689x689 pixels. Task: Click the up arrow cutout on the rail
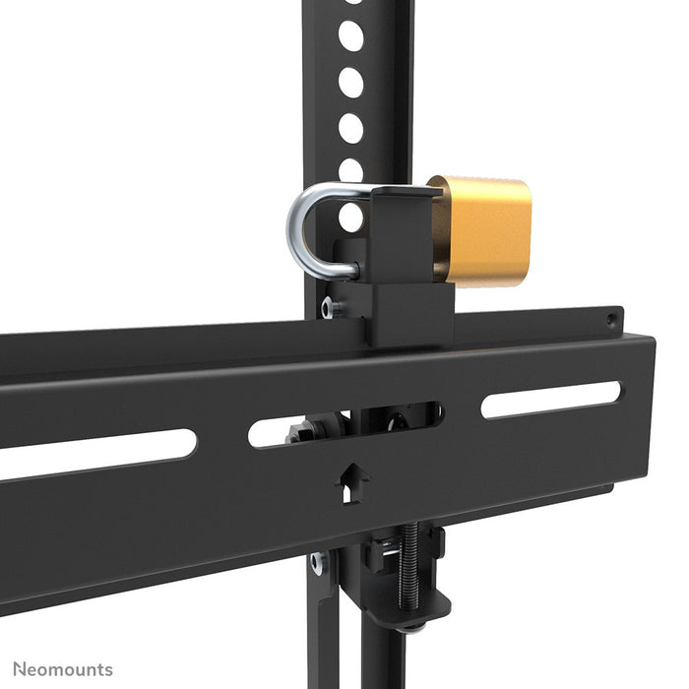pyautogui.click(x=351, y=482)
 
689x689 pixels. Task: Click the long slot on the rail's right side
pyautogui.click(x=551, y=399)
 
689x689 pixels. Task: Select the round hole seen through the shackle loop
pyautogui.click(x=349, y=217)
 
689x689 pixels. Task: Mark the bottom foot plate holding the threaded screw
pyautogui.click(x=399, y=616)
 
